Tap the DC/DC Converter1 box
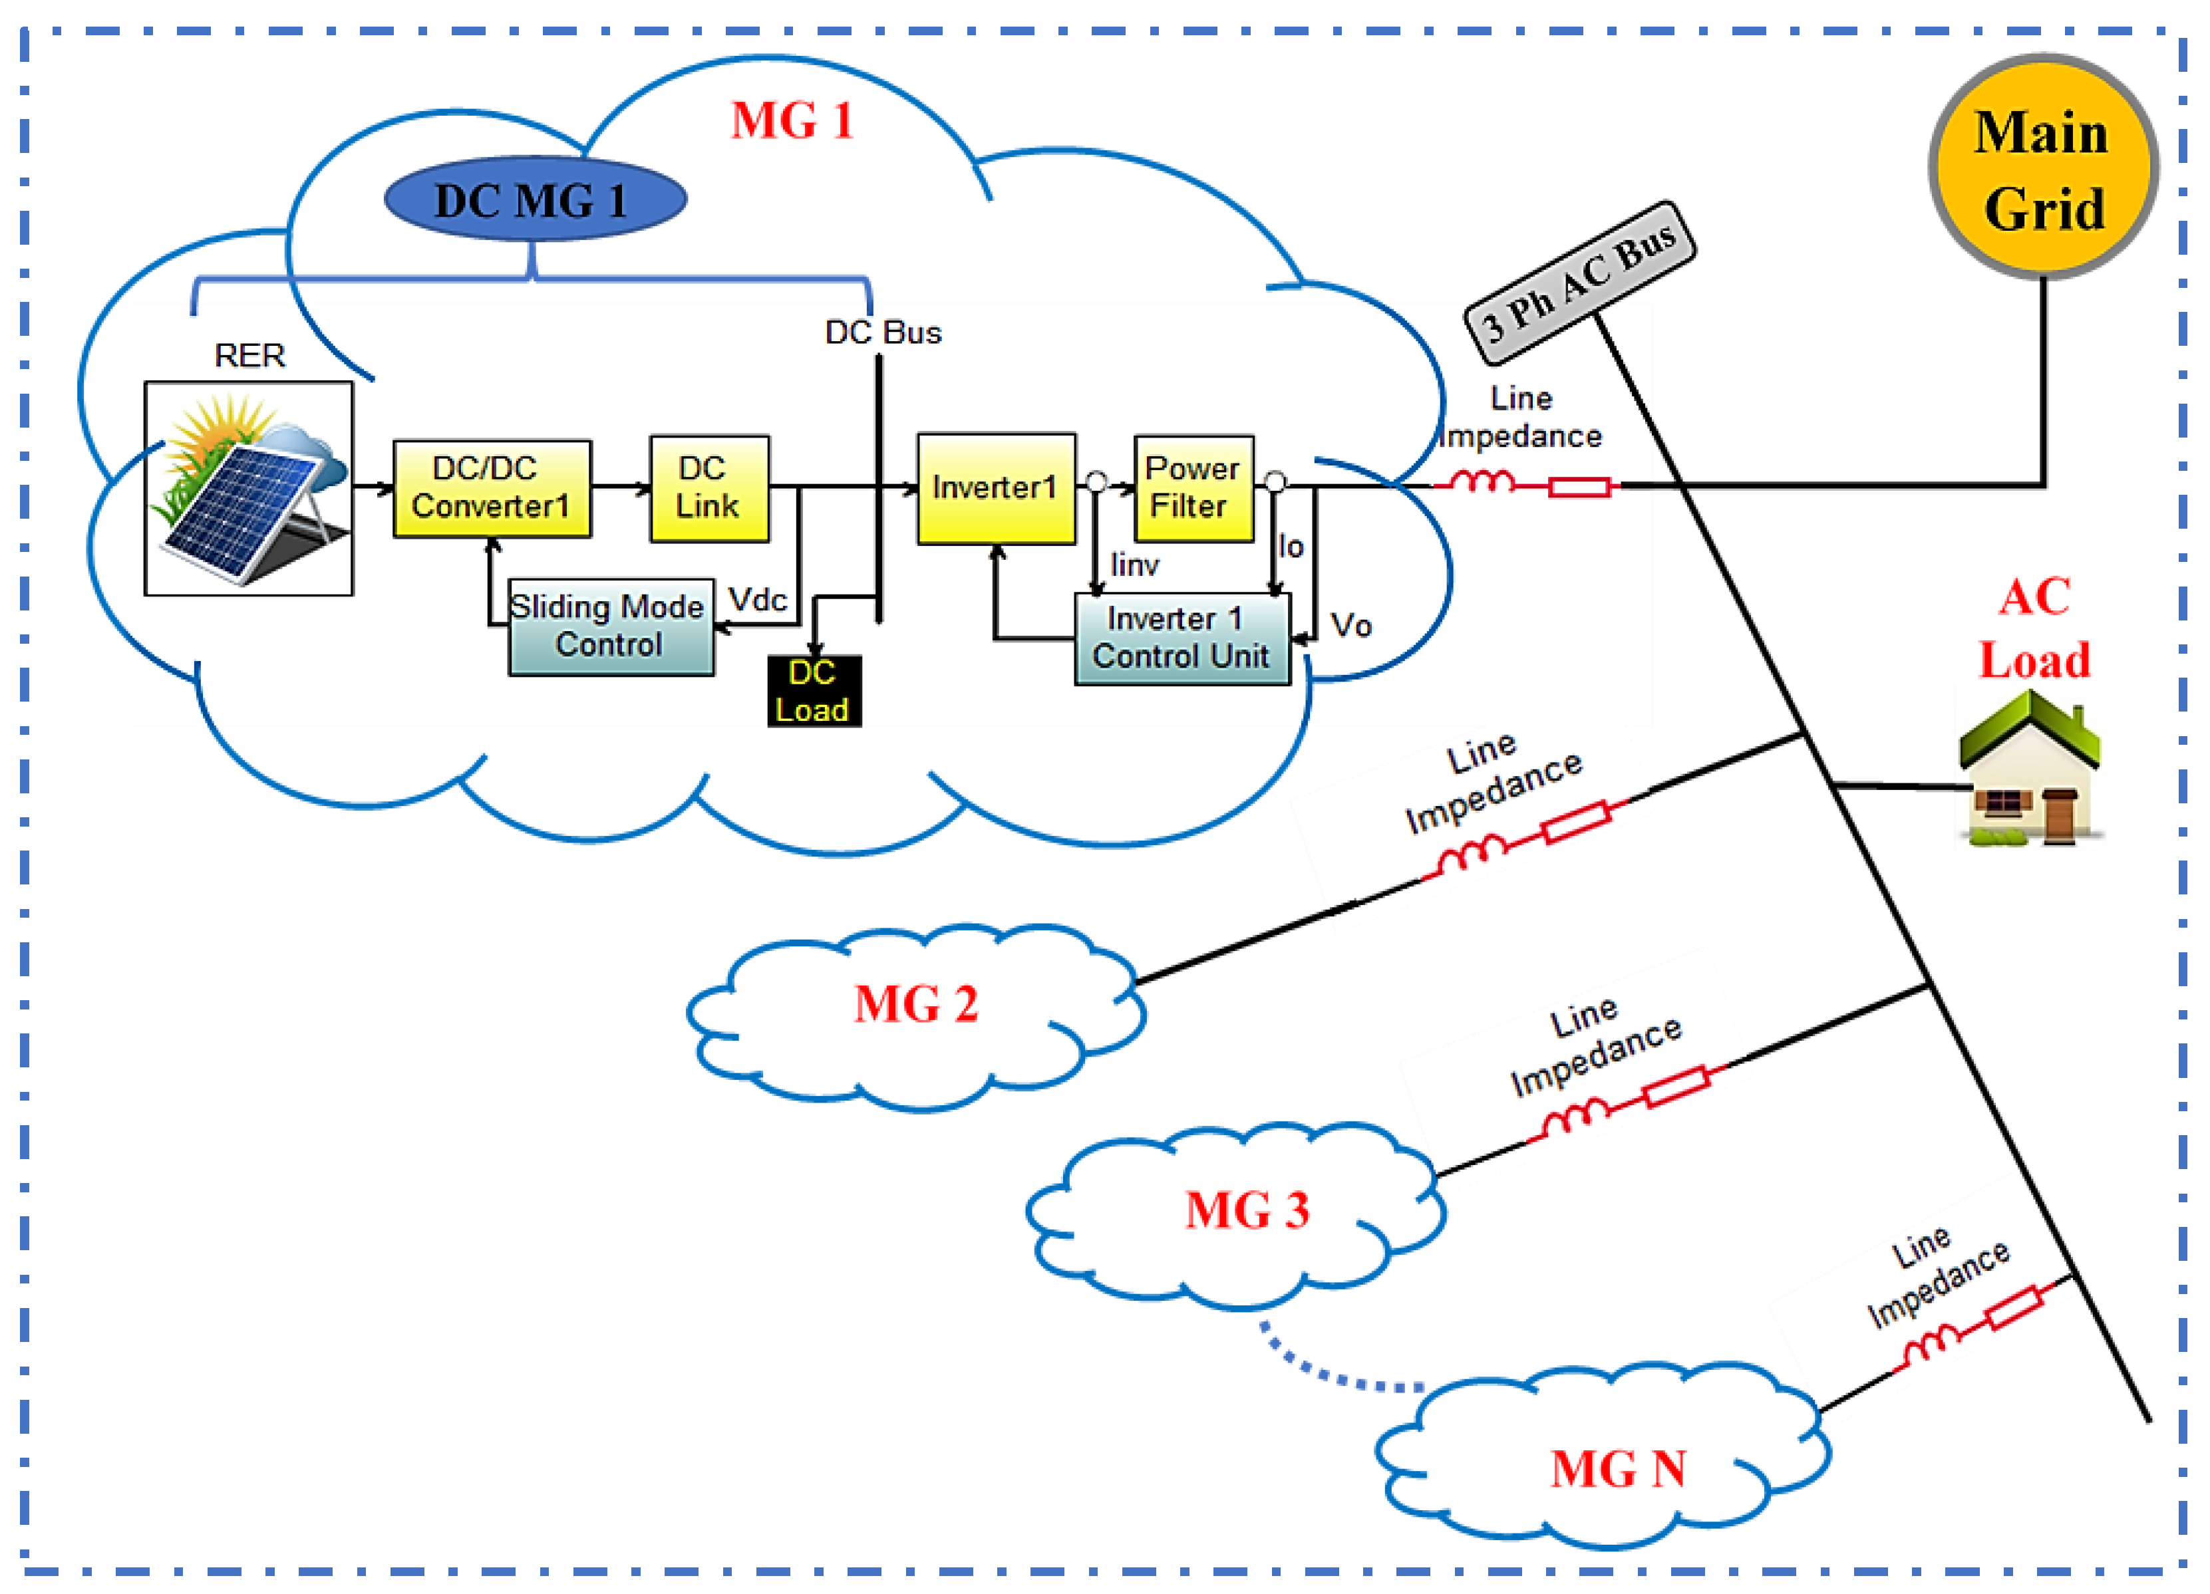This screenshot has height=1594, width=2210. click(491, 488)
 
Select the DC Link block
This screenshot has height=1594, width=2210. click(709, 488)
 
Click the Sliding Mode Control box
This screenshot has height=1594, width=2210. click(610, 626)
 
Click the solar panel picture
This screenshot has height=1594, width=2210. click(249, 488)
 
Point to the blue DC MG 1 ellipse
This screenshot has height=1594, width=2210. click(535, 199)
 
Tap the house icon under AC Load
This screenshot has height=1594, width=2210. click(2030, 769)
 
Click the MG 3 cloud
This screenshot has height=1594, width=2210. click(1237, 1213)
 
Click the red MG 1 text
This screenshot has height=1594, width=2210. click(791, 122)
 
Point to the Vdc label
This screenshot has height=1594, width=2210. click(757, 599)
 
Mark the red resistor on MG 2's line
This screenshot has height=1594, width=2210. click(1575, 821)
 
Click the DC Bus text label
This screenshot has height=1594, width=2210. click(883, 333)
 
